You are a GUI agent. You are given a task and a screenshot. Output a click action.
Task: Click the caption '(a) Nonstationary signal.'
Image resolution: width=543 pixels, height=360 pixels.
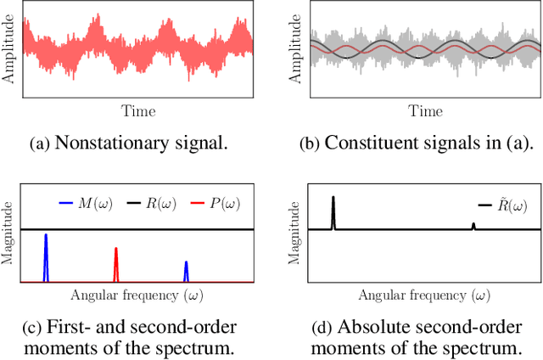[129, 143]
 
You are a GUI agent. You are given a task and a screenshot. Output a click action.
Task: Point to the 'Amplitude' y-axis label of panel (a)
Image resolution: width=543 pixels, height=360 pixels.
[10, 50]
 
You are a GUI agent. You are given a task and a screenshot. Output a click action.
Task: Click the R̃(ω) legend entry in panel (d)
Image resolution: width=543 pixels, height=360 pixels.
[501, 205]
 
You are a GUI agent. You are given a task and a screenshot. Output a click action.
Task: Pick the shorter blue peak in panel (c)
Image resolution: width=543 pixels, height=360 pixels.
[186, 271]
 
